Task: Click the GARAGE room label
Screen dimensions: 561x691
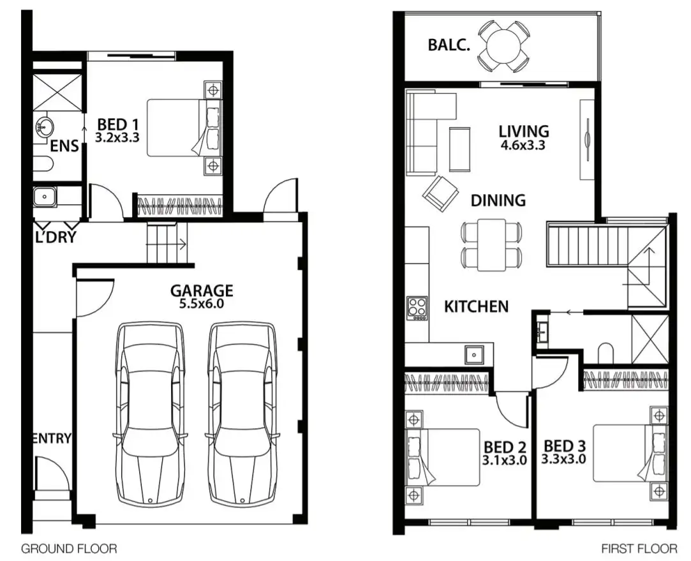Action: point(201,290)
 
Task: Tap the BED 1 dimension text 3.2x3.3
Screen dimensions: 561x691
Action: point(117,137)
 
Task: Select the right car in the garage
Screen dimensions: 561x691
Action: point(242,415)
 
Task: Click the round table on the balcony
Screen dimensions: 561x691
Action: point(503,45)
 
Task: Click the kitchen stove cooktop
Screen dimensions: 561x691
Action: point(417,308)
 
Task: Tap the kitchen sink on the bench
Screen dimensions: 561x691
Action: point(474,353)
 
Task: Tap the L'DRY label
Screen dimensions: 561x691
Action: point(56,237)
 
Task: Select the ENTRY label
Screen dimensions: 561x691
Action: point(51,438)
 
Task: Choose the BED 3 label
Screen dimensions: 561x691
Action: point(564,445)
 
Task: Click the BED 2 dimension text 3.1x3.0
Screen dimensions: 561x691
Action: point(505,460)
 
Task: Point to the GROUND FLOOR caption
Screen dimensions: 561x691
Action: point(69,548)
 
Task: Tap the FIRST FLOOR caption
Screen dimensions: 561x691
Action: point(639,548)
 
